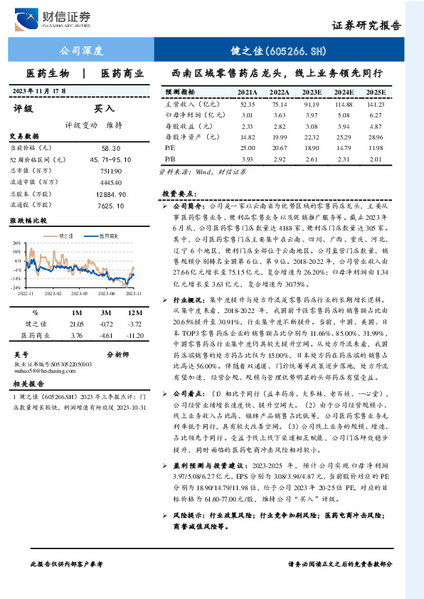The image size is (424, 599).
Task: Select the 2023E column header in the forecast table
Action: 312,92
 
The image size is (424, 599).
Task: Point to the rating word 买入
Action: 105,109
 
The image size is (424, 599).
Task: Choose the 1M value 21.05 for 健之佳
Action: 77,324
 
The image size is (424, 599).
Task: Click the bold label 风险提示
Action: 184,514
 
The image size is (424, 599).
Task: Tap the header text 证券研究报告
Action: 367,26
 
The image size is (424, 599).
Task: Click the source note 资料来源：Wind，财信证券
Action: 201,171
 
